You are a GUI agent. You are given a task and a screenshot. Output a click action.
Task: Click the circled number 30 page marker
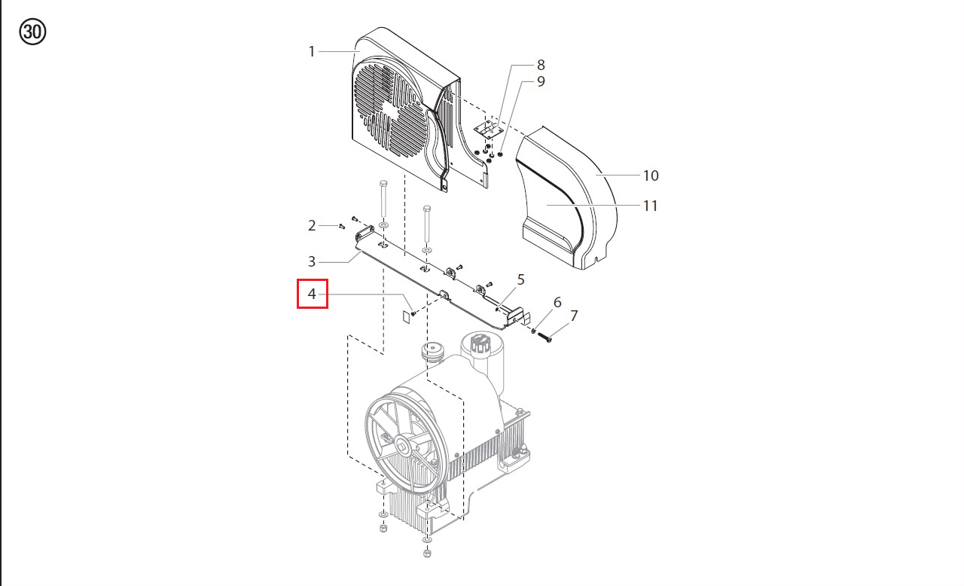32,32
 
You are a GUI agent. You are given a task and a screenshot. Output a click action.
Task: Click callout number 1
312,52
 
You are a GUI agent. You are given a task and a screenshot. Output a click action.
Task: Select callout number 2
312,225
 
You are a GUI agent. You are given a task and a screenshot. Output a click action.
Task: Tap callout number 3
312,261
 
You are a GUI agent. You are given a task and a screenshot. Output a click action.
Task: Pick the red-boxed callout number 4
312,294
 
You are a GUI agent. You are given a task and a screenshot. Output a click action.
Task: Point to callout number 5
520,279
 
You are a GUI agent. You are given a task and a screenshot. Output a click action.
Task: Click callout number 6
557,303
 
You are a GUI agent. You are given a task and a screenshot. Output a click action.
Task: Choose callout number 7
574,316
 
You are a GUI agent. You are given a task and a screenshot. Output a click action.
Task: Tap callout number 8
541,65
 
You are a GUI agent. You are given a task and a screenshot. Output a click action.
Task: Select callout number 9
541,81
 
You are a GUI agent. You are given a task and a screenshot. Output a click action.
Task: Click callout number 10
651,175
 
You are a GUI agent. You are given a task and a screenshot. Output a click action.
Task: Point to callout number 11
650,206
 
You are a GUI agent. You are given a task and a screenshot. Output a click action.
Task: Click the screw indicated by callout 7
545,337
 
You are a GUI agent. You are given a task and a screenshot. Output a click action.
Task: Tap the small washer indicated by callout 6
534,331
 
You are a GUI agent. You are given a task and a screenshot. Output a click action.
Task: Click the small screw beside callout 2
342,226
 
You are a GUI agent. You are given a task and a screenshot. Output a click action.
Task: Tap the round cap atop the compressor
432,348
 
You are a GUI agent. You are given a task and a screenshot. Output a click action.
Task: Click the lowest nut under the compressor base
427,553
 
